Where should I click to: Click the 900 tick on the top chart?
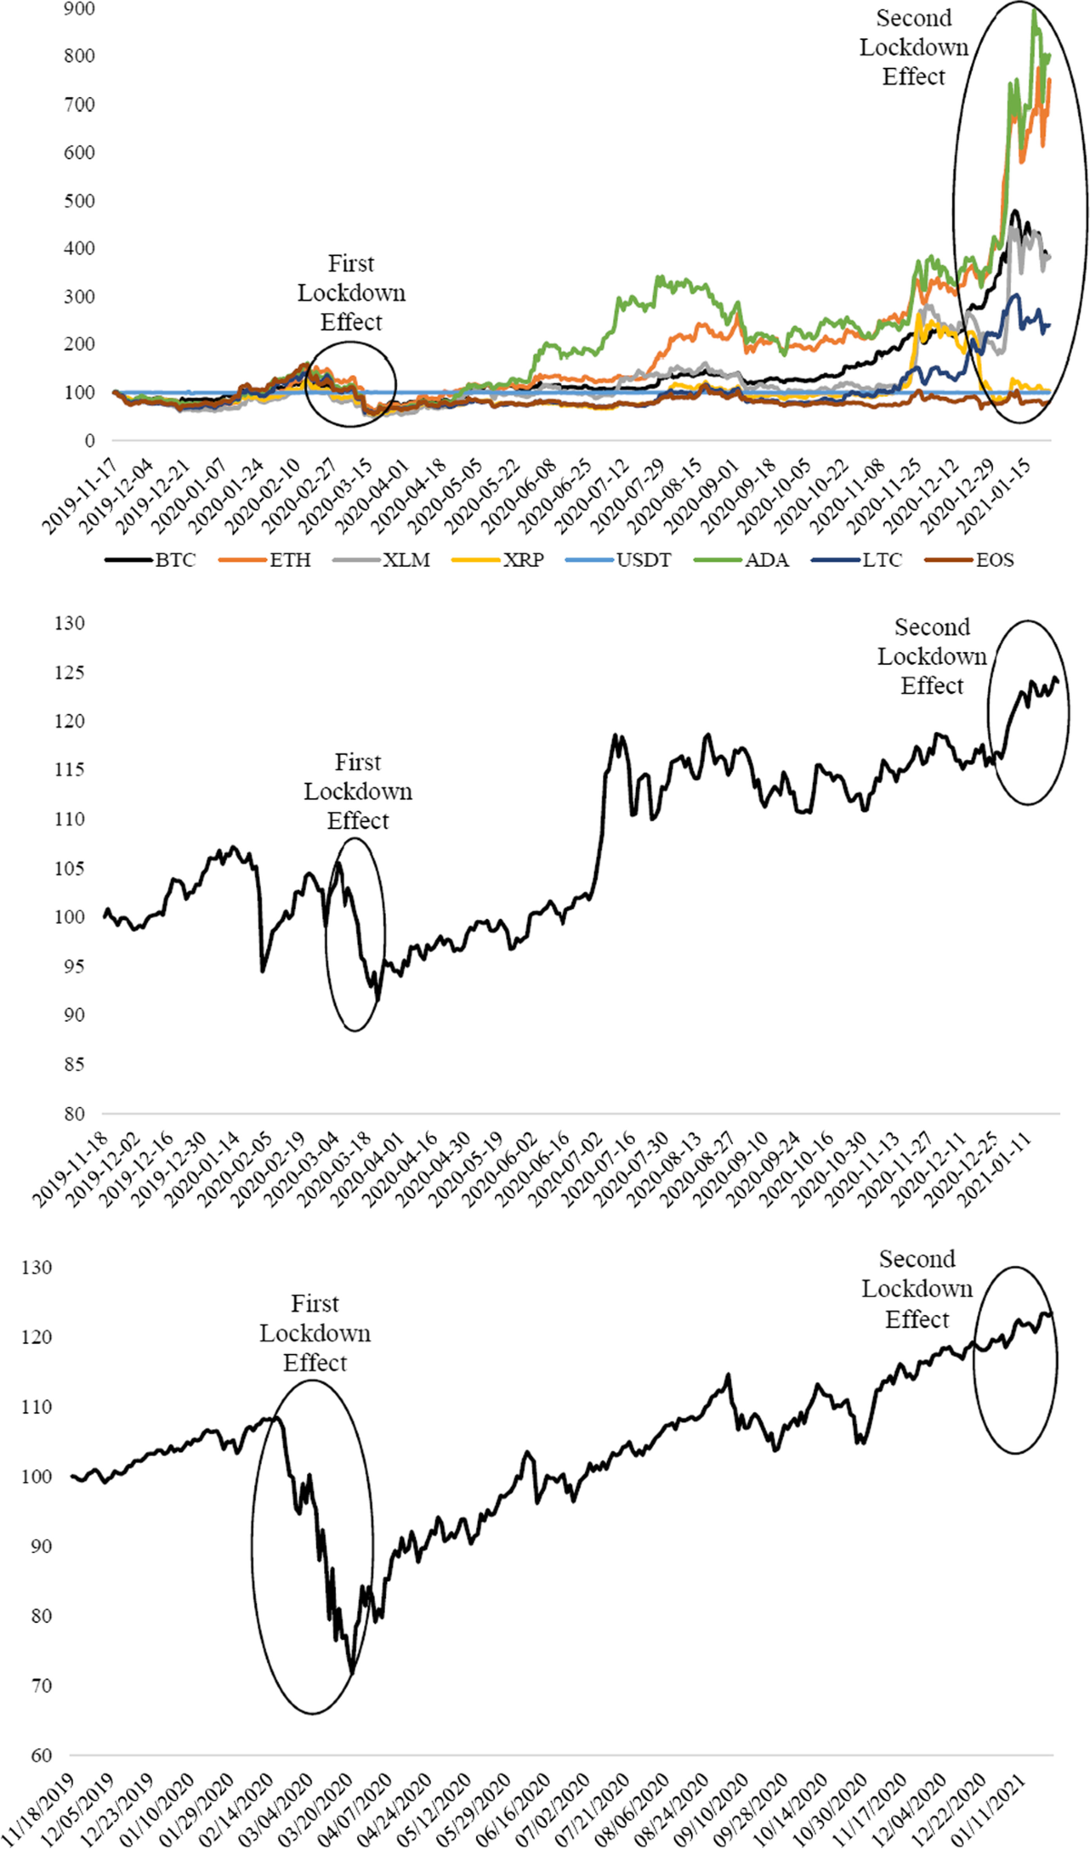pyautogui.click(x=80, y=9)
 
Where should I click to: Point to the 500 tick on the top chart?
pyautogui.click(x=80, y=201)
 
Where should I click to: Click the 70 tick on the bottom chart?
pyautogui.click(x=41, y=1686)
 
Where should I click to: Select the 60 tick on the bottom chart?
pyautogui.click(x=41, y=1755)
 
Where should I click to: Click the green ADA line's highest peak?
pyautogui.click(x=1035, y=11)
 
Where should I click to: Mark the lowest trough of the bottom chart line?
pyautogui.click(x=352, y=1672)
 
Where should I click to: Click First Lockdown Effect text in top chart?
pyautogui.click(x=352, y=292)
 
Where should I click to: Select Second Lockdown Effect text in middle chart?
pyautogui.click(x=932, y=656)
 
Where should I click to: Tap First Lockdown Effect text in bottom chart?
pyautogui.click(x=315, y=1333)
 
